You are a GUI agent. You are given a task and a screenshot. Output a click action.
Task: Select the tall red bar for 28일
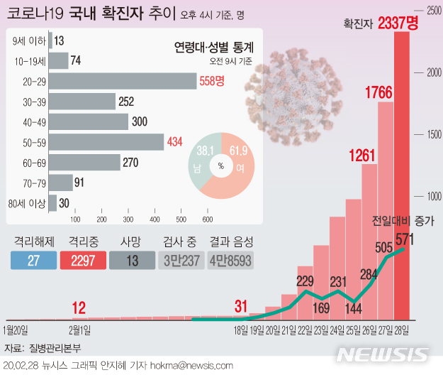point(402,178)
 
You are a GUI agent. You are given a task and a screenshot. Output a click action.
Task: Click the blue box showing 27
point(33,260)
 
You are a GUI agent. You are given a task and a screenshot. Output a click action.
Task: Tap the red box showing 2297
point(84,260)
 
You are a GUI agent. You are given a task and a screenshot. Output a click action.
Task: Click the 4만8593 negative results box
point(230,260)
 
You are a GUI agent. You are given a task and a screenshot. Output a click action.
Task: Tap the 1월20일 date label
point(16,330)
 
